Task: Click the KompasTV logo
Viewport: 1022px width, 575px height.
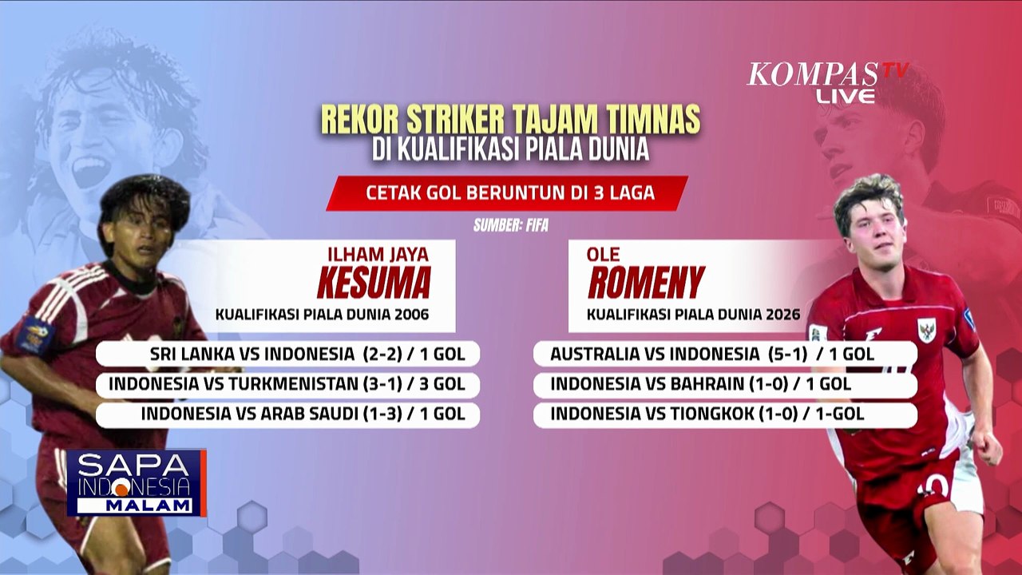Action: click(x=827, y=74)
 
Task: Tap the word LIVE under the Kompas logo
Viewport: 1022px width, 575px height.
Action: click(x=846, y=96)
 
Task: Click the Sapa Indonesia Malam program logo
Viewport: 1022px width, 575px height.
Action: click(x=136, y=482)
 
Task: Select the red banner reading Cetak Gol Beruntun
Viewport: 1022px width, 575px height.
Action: click(x=506, y=193)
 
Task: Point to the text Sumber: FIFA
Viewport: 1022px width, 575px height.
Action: click(x=511, y=225)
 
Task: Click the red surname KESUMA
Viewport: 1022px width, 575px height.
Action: click(x=373, y=282)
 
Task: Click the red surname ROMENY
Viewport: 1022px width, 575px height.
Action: click(x=646, y=282)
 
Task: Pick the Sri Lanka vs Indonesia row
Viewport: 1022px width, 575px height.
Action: click(x=287, y=353)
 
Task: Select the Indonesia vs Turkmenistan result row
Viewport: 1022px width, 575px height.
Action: click(x=287, y=384)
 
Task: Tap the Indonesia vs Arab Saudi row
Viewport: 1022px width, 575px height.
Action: click(x=287, y=414)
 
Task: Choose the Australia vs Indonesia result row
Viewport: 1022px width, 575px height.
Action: click(x=725, y=353)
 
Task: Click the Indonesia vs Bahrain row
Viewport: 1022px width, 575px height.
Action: click(x=725, y=384)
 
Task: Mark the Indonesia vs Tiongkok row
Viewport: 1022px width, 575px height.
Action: click(x=725, y=414)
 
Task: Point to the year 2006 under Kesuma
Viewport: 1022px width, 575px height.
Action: click(x=413, y=315)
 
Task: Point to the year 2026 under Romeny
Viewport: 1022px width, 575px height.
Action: click(x=783, y=315)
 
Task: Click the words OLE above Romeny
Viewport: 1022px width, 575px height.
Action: click(x=604, y=255)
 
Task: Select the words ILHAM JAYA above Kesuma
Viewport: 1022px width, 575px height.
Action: click(x=378, y=255)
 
